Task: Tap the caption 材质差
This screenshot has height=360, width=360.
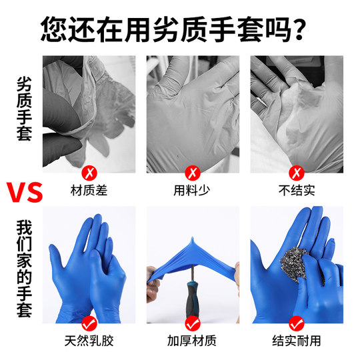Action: pos(89,191)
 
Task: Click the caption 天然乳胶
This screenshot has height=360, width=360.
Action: pos(89,341)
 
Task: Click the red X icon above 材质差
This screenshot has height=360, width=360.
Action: pos(89,173)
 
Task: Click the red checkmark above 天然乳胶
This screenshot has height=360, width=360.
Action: pos(89,323)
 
